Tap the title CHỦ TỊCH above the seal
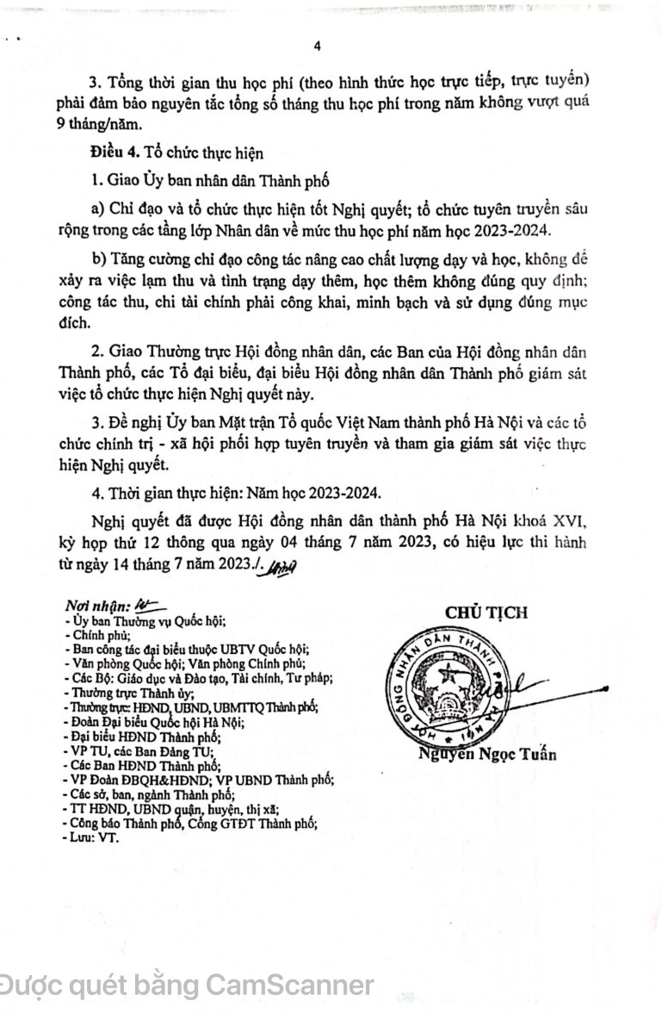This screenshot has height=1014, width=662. (x=486, y=613)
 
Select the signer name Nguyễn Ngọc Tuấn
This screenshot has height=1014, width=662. (x=487, y=755)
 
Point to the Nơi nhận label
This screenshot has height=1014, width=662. (x=96, y=606)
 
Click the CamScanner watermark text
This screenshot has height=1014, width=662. (x=186, y=985)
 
